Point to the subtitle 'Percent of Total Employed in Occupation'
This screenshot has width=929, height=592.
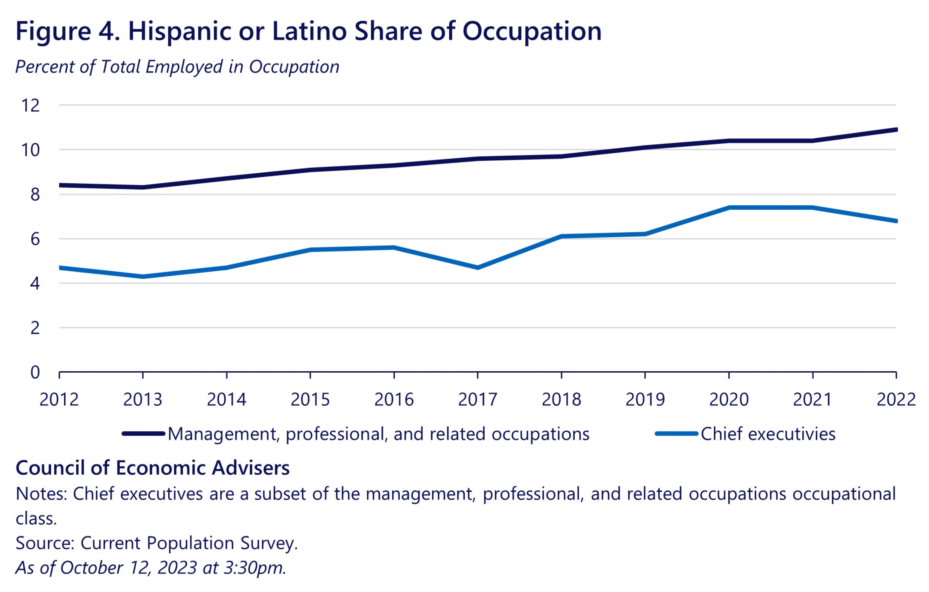177,67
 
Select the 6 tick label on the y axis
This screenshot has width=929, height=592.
35,239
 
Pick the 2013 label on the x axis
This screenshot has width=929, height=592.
143,400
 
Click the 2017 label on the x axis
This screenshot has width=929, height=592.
478,400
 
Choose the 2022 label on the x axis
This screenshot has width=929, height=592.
896,400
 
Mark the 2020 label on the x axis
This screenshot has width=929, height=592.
729,400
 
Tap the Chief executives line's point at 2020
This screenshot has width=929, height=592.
729,207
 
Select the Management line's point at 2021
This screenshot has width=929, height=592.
812,141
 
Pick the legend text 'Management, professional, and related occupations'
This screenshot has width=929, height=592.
379,434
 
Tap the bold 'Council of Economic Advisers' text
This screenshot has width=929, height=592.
152,468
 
